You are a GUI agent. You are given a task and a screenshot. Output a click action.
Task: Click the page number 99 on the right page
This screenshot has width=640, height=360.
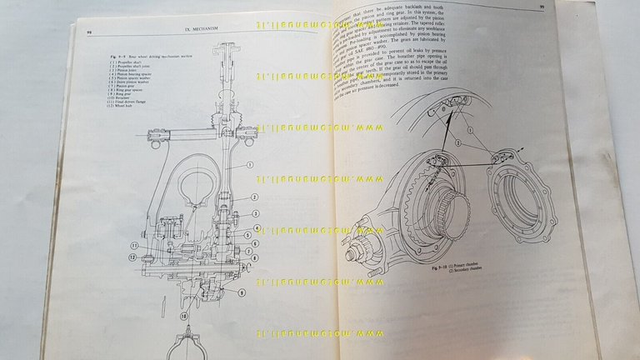tap(542, 7)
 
